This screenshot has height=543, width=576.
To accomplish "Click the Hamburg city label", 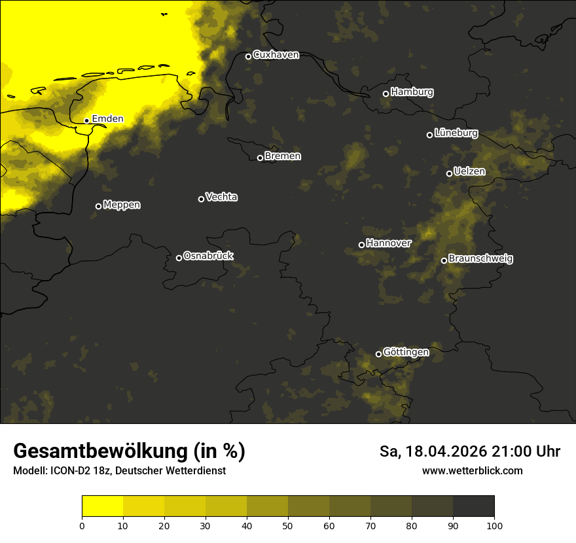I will (x=412, y=92).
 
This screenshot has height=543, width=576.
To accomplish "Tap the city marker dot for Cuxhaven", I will (x=248, y=56).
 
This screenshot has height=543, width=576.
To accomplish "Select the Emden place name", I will (x=107, y=119).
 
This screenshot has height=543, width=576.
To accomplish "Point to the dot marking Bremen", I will (x=260, y=158).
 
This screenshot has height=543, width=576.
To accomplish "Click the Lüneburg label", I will (x=456, y=133).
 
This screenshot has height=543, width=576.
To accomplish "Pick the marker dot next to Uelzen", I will (x=449, y=173).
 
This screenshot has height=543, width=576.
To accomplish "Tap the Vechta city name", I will (x=221, y=197).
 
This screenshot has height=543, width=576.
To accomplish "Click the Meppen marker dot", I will (x=98, y=206).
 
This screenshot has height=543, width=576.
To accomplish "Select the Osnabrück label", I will (x=208, y=256).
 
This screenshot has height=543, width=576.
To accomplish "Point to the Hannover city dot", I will (x=361, y=245).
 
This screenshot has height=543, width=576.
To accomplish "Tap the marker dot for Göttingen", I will (x=378, y=354).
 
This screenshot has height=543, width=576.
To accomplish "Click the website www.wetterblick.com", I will (x=472, y=470).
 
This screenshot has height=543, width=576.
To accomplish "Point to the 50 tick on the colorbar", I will (x=288, y=525).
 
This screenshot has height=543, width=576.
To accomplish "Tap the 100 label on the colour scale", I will (x=494, y=525).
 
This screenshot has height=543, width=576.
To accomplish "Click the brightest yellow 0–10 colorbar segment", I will (x=103, y=506).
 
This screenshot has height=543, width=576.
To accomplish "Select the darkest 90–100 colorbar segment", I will (x=473, y=506).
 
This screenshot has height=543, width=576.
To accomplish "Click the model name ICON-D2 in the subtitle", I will (x=67, y=471).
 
